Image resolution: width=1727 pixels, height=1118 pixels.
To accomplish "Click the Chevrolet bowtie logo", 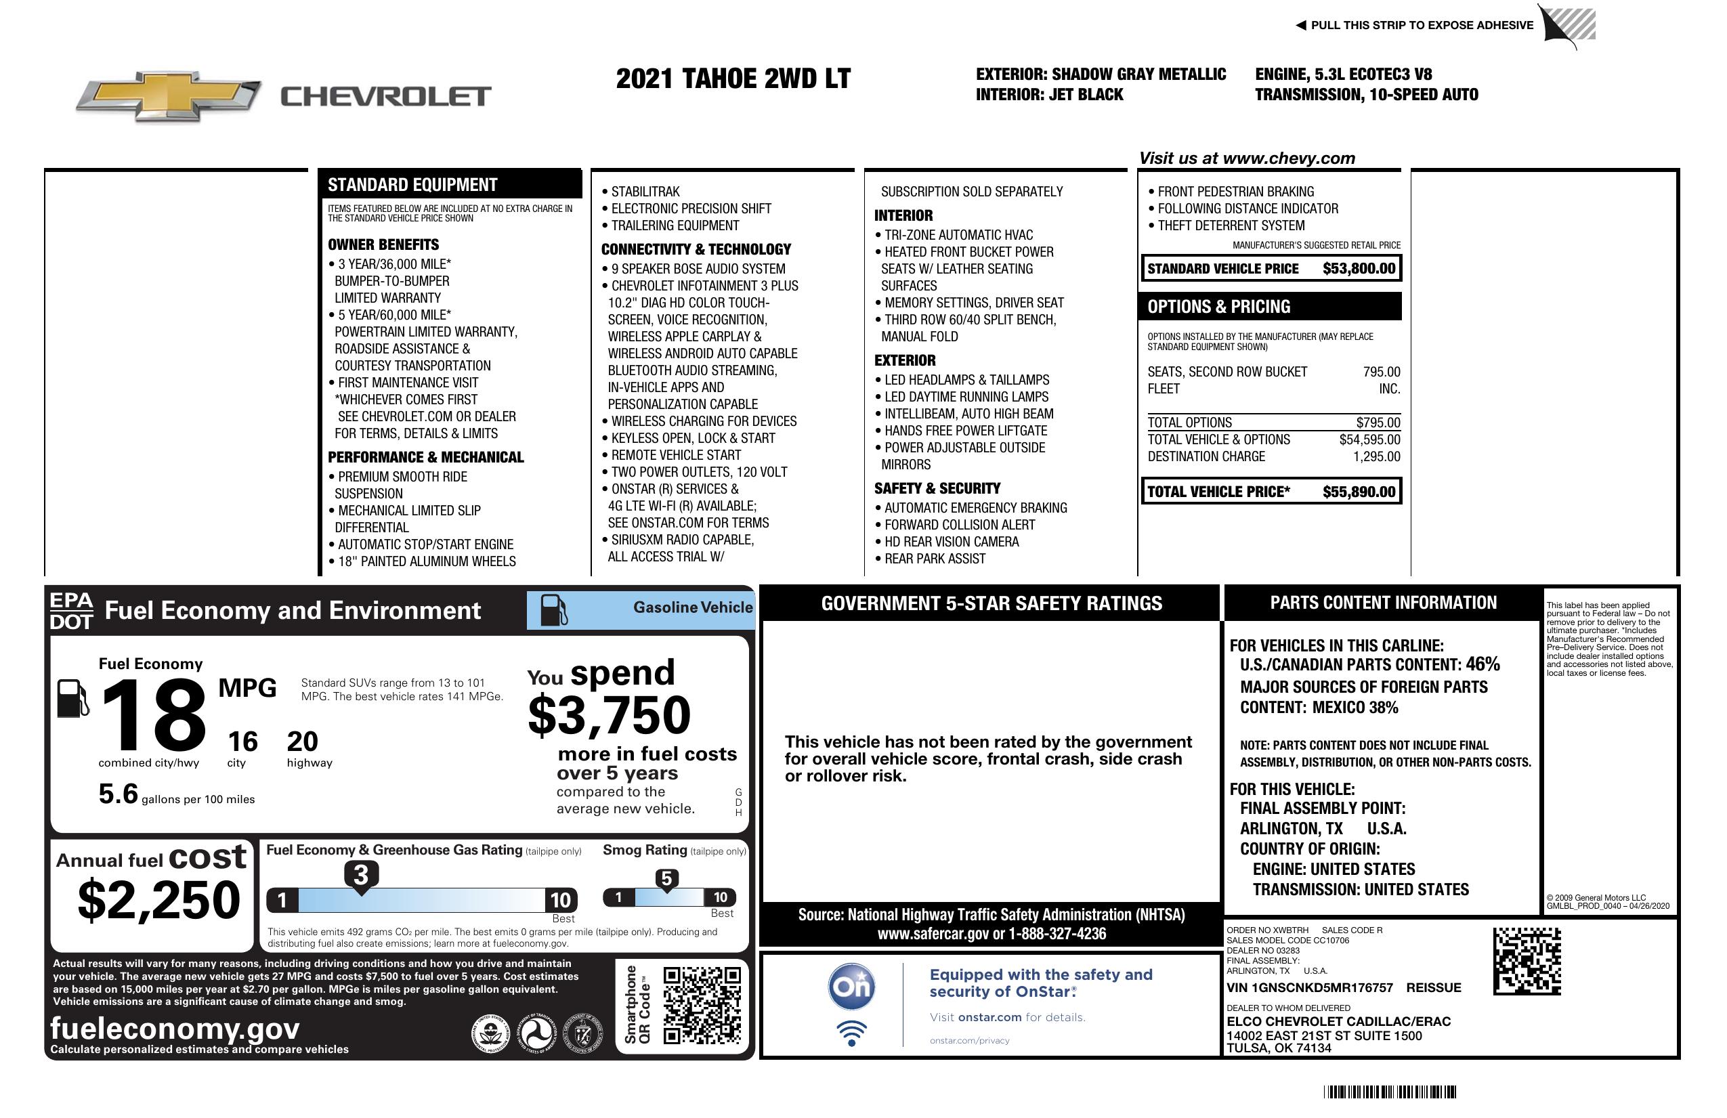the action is pyautogui.click(x=169, y=95).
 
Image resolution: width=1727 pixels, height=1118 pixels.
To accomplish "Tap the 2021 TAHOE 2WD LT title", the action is pyautogui.click(x=733, y=79).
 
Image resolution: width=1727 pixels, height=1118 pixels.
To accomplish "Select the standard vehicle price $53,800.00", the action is pyautogui.click(x=1359, y=268).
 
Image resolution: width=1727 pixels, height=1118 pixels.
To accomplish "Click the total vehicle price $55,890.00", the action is pyautogui.click(x=1359, y=492).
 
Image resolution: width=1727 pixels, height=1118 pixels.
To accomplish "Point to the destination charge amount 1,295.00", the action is pyautogui.click(x=1376, y=456).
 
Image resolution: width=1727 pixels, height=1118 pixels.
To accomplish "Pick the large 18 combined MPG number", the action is pyautogui.click(x=154, y=715).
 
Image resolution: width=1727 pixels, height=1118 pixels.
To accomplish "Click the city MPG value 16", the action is pyautogui.click(x=242, y=741).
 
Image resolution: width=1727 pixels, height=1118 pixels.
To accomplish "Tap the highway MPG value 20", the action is pyautogui.click(x=302, y=741).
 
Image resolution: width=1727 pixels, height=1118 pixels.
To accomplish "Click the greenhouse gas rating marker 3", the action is pyautogui.click(x=360, y=875).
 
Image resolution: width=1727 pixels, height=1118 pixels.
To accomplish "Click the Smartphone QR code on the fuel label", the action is pyautogui.click(x=702, y=1006).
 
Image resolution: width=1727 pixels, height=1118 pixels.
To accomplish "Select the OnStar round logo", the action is pyautogui.click(x=851, y=987).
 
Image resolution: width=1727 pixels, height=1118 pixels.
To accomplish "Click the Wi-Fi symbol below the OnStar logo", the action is pyautogui.click(x=851, y=1032).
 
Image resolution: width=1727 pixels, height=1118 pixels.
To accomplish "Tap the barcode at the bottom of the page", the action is pyautogui.click(x=1389, y=1092).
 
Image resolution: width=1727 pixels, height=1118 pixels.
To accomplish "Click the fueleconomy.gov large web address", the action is pyautogui.click(x=175, y=1028).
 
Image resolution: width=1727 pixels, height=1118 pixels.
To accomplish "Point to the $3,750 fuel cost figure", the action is pyautogui.click(x=610, y=715).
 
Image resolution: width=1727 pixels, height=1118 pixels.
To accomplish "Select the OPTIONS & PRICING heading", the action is pyautogui.click(x=1219, y=306).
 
